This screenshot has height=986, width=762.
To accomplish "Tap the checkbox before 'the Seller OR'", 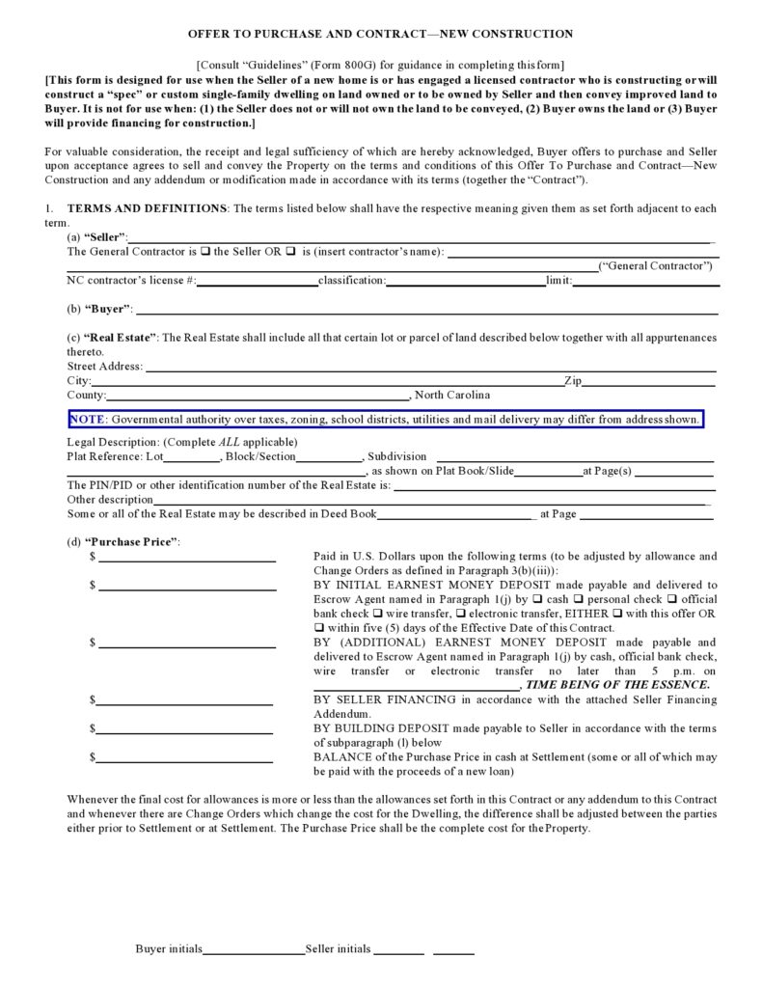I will click(x=205, y=252).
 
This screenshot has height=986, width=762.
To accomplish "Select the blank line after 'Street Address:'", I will click(x=430, y=369).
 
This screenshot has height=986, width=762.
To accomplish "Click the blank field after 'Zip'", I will click(x=649, y=383).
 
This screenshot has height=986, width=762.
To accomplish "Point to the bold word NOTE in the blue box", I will click(x=87, y=420).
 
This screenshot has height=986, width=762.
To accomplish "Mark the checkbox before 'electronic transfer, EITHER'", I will click(x=461, y=614).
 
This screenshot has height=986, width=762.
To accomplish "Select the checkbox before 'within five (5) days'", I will click(x=319, y=628).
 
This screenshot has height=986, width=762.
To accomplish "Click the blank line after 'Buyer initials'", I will click(x=254, y=952).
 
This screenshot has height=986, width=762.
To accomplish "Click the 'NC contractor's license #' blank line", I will click(x=258, y=284).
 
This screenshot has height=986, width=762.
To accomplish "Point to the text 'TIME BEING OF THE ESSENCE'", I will click(x=617, y=684).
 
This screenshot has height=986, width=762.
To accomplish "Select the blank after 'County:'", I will click(x=259, y=397).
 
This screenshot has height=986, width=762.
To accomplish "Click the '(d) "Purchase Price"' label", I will click(x=123, y=542).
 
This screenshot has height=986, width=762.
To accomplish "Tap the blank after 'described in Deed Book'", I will click(x=455, y=517).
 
